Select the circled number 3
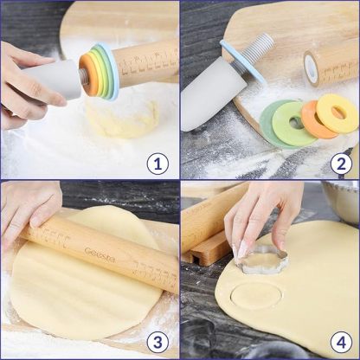[157, 340]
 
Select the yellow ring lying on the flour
[337, 112]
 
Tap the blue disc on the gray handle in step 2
[241, 61]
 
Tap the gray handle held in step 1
[61, 83]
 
